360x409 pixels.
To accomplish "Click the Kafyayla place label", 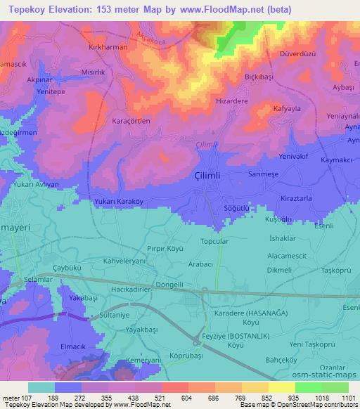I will click(286, 110).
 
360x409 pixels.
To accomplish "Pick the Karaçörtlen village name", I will click(131, 121).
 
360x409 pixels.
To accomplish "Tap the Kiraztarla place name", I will click(296, 200).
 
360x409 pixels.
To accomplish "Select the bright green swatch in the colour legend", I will click(309, 387).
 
